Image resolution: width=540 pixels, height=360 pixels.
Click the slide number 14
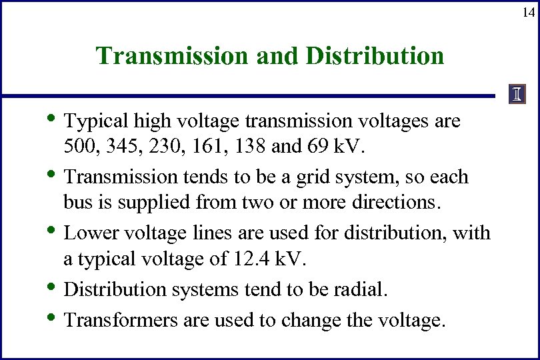(527, 12)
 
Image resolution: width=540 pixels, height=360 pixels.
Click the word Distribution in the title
(375, 56)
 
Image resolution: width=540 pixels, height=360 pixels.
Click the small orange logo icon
(518, 95)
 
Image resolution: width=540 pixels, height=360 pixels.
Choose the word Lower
(91, 233)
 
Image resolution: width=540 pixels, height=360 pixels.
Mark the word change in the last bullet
(309, 320)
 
